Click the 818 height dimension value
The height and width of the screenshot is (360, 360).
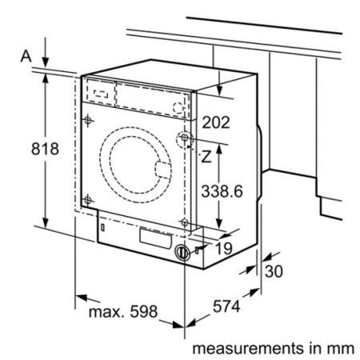(45, 149)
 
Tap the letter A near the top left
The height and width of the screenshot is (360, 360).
(26, 56)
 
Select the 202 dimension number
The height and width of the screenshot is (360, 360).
(216, 122)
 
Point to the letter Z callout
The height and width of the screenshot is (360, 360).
(206, 157)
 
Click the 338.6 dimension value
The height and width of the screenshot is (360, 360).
(222, 191)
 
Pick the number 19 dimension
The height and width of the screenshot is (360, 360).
(224, 249)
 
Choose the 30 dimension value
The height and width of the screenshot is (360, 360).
(274, 271)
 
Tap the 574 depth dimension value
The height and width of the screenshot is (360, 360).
(226, 306)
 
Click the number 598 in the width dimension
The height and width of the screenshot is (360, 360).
(144, 311)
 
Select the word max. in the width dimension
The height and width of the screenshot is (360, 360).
(106, 312)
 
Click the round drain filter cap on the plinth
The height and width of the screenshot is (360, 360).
(182, 252)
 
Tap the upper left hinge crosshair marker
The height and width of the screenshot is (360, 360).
(88, 120)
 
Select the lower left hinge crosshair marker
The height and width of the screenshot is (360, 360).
(87, 200)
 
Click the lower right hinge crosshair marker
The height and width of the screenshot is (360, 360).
(184, 222)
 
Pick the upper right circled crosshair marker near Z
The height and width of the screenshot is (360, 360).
(185, 138)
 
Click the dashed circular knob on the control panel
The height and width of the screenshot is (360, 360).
(178, 108)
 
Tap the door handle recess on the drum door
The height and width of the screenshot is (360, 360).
(162, 170)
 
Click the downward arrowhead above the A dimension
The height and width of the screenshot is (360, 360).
(46, 62)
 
